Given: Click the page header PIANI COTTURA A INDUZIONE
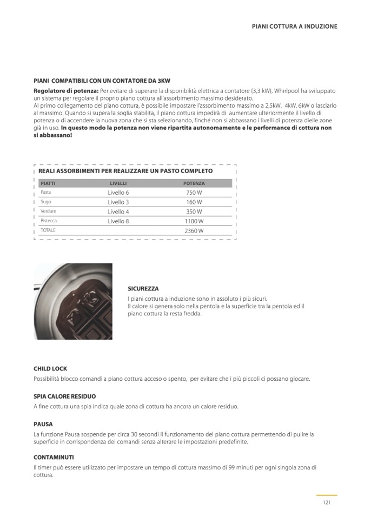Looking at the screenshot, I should click(294, 26).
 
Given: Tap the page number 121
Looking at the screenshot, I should click(326, 502).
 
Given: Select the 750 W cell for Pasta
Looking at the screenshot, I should click(194, 193).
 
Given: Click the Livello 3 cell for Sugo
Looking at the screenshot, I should click(118, 202).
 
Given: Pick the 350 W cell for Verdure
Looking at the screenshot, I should click(194, 211).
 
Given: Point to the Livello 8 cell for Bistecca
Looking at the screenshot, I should click(118, 221).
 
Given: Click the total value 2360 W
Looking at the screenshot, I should click(194, 231).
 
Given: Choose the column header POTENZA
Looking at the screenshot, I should click(194, 183).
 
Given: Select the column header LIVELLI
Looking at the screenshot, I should click(118, 183).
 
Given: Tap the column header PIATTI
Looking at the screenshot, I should click(48, 183).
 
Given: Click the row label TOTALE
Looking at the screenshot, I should click(48, 230).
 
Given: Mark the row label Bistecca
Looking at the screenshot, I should click(49, 221).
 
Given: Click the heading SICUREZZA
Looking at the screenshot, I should click(143, 289).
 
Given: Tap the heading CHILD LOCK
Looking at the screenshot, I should click(50, 369).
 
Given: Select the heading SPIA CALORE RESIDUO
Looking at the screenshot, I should click(64, 396).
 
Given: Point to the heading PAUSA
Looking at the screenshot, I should click(43, 424).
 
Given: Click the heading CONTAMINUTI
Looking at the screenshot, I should click(54, 457).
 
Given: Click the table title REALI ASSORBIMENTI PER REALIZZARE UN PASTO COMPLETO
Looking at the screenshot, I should click(125, 171).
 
